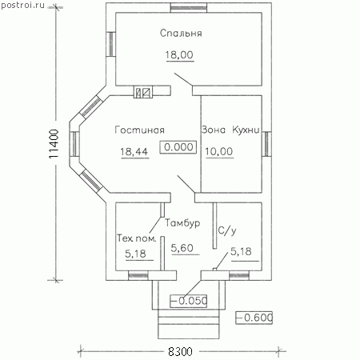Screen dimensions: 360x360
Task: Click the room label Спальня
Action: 181,34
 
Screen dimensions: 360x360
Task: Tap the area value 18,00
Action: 179,55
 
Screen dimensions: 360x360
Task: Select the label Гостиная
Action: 139,130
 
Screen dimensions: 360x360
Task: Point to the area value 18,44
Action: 134,152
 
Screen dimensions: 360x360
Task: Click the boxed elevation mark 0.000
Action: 178,147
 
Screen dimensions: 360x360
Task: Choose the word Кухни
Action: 246,130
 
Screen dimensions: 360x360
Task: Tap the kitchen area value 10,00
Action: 219,151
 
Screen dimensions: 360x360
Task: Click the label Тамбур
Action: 182,223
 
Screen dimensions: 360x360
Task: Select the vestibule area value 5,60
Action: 182,248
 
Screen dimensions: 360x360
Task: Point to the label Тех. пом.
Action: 136,238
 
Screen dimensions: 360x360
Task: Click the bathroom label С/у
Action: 227,230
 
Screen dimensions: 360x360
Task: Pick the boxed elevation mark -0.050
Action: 189,301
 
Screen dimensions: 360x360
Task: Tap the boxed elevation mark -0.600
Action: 254,318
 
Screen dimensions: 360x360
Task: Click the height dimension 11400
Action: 54,144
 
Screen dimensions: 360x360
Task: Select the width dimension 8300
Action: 180,352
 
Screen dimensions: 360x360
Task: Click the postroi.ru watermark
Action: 22,5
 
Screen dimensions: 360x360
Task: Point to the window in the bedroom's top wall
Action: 189,7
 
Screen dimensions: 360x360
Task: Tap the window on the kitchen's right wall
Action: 266,144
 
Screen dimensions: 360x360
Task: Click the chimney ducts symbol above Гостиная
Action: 143,92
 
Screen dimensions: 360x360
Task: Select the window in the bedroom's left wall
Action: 110,44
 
